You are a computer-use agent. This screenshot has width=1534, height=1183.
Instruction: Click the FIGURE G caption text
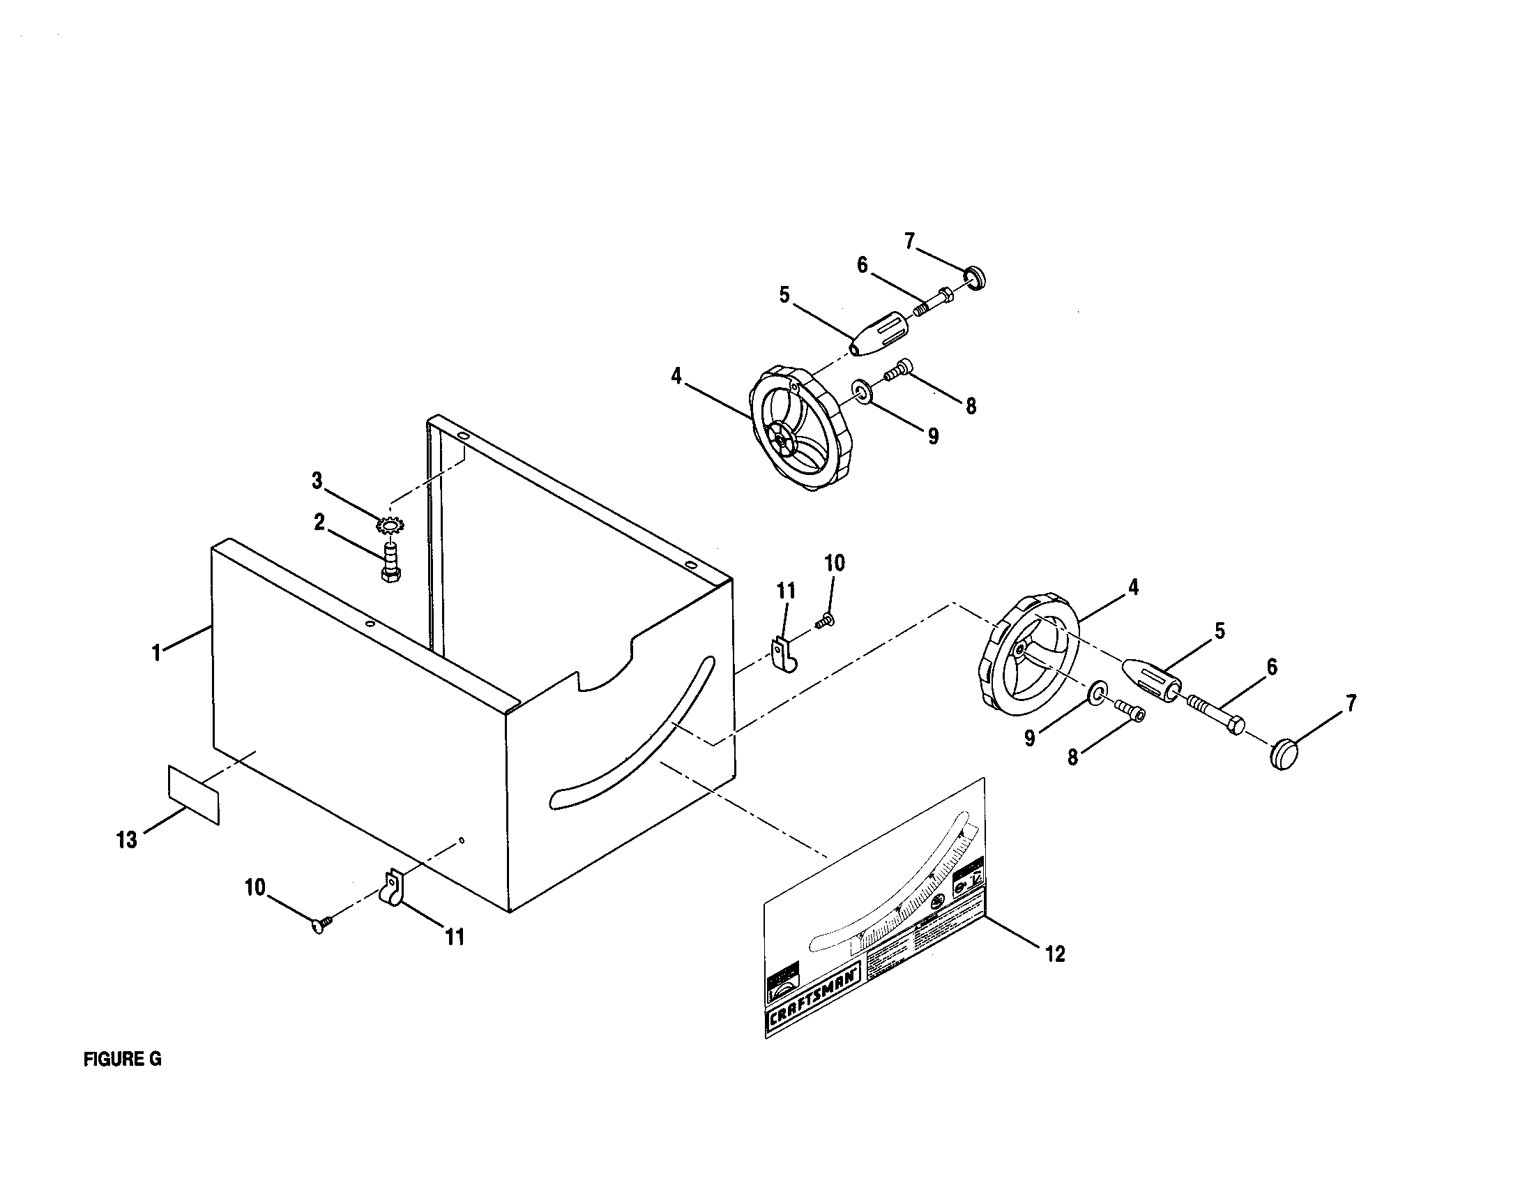click(122, 1060)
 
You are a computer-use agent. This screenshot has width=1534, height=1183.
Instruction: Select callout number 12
click(1055, 954)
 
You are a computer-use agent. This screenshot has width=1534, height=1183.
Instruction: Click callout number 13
click(127, 841)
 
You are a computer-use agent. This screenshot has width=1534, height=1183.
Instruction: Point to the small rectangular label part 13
click(193, 794)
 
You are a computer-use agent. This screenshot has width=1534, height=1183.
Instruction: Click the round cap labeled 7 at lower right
click(1284, 754)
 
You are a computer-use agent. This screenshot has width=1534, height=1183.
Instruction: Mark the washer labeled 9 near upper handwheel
click(862, 391)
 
